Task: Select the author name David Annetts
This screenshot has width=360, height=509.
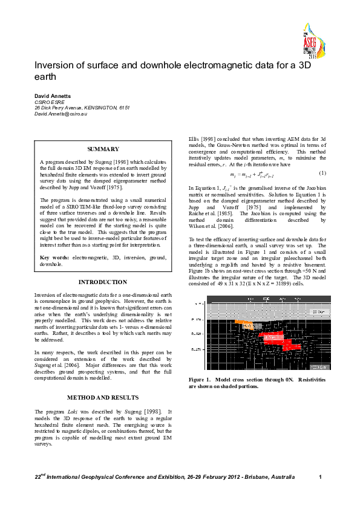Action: (x=53, y=96)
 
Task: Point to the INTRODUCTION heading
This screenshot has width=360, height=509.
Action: (x=103, y=282)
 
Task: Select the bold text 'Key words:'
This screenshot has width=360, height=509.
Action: (x=54, y=258)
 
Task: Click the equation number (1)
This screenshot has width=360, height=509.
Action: (x=323, y=173)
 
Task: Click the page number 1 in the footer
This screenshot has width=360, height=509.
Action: (x=319, y=478)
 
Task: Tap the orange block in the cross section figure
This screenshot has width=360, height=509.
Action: (x=241, y=323)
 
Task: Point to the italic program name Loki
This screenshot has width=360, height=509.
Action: (x=74, y=394)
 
